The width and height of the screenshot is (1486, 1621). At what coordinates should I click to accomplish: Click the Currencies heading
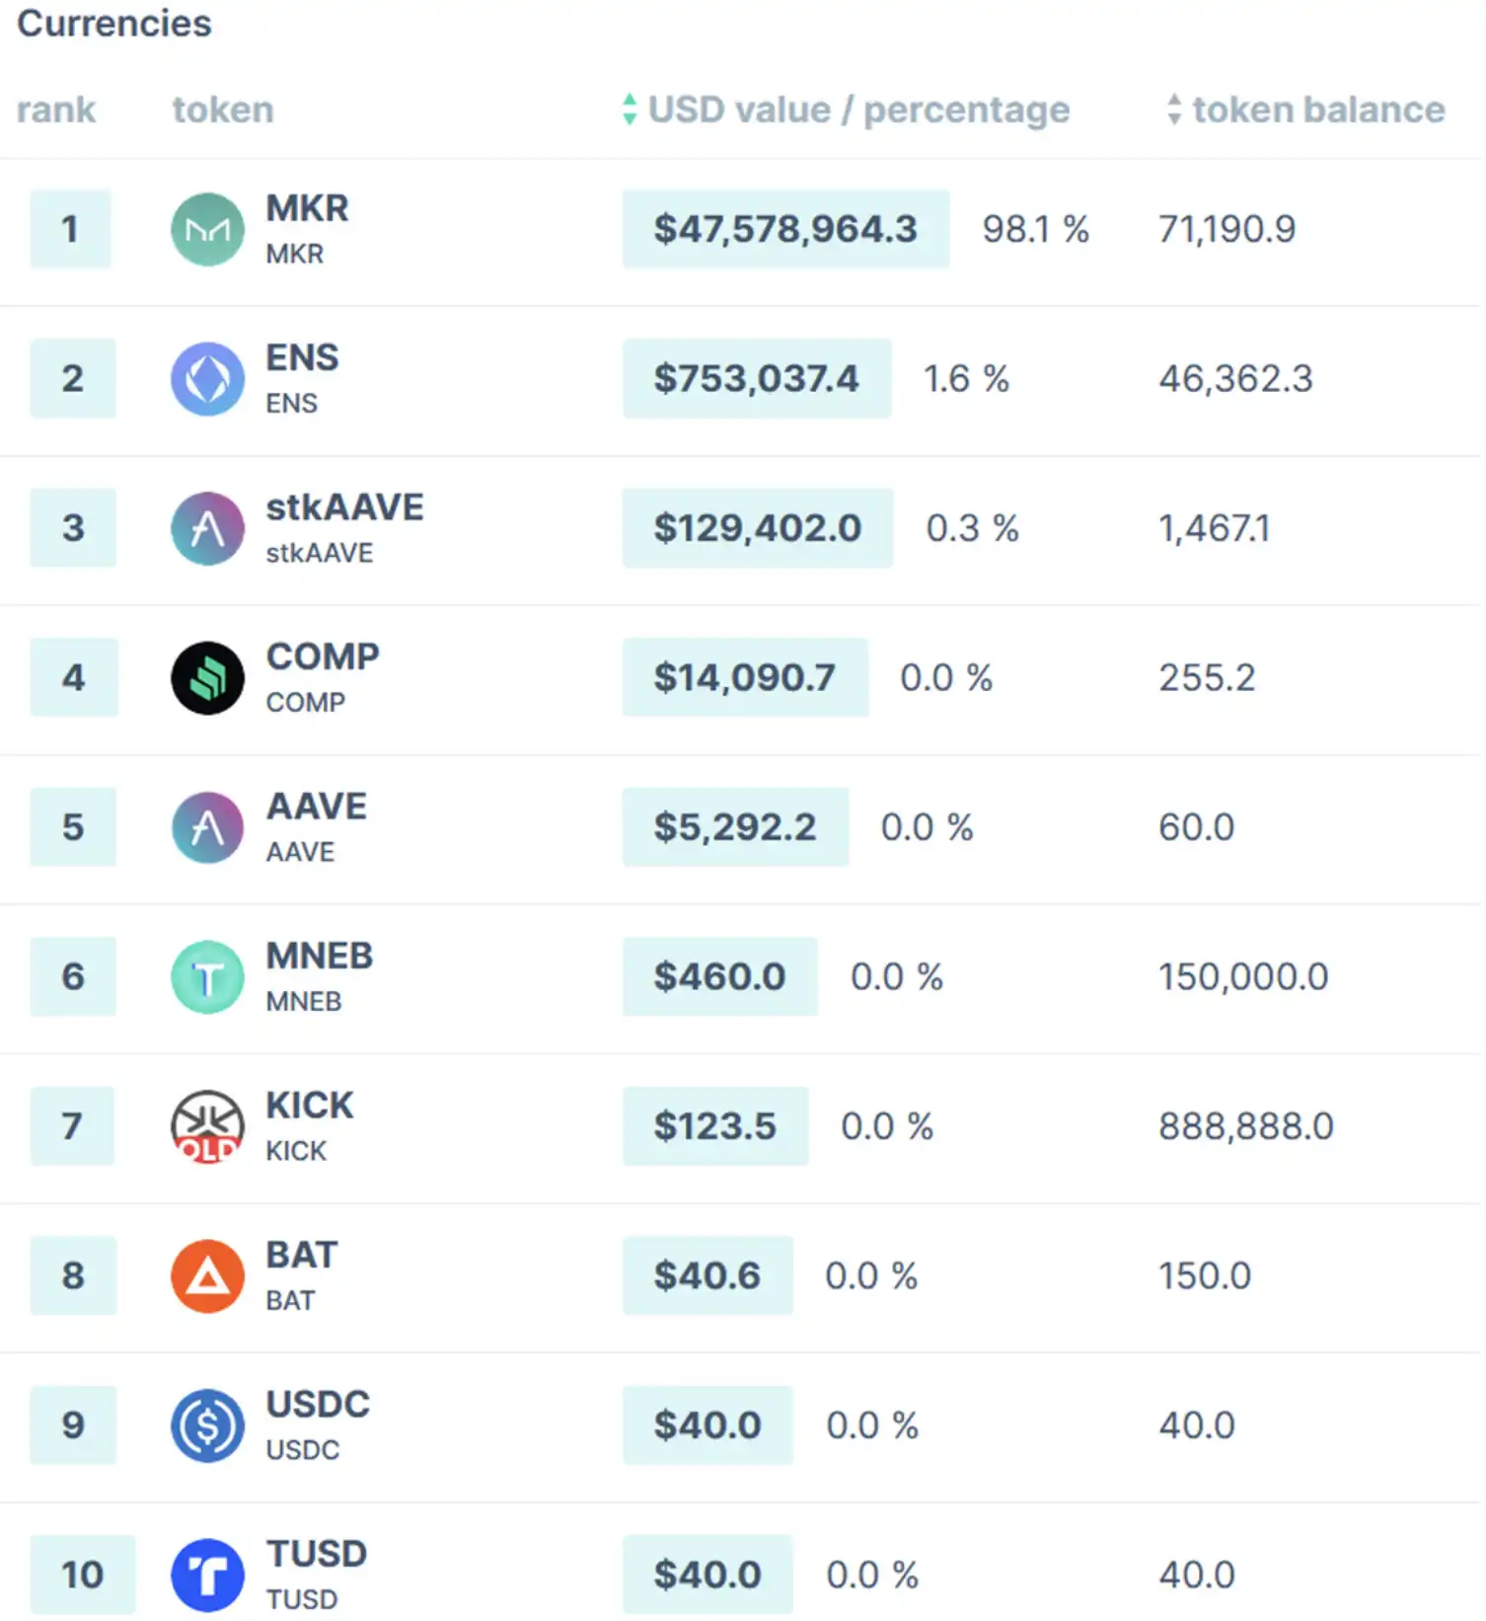[x=114, y=24]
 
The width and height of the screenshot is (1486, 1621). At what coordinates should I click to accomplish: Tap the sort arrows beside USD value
[x=630, y=109]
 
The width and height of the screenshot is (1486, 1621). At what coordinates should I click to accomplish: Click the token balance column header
[x=1317, y=109]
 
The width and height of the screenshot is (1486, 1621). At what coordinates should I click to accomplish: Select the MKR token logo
[x=207, y=230]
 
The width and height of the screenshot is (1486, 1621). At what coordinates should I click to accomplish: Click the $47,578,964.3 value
[x=785, y=229]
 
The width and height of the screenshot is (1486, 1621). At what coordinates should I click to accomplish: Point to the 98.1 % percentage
[x=1035, y=229]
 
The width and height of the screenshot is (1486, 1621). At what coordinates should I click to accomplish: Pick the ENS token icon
[x=207, y=379]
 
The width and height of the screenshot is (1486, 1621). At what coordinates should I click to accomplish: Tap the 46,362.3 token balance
[x=1235, y=379]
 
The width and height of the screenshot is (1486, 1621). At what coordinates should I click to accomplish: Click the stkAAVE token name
[x=344, y=507]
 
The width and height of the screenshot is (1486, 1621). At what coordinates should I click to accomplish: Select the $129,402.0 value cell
[x=758, y=528]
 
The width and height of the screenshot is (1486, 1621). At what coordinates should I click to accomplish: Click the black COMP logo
[x=207, y=678]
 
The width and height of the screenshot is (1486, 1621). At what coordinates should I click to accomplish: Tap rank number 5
[x=73, y=827]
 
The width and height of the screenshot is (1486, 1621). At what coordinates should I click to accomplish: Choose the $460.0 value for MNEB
[x=719, y=977]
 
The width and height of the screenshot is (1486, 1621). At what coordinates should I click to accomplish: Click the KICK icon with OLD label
[x=207, y=1126]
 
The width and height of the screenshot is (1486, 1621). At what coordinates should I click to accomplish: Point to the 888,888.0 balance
[x=1246, y=1126]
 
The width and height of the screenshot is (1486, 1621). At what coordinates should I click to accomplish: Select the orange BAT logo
[x=207, y=1276]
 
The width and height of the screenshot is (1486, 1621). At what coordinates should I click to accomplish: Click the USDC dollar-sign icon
[x=207, y=1426]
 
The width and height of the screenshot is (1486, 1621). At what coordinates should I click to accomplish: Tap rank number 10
[x=82, y=1575]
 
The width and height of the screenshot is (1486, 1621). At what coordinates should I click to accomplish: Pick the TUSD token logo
[x=207, y=1575]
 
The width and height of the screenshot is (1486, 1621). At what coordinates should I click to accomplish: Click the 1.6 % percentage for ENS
[x=966, y=379]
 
